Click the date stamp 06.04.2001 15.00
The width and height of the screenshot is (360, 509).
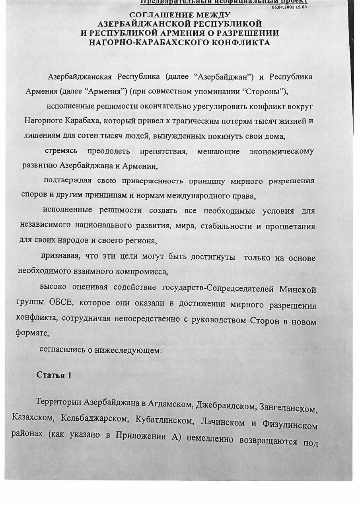(x=289, y=7)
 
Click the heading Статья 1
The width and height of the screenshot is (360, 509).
(x=54, y=375)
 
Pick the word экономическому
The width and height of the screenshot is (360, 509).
(x=281, y=152)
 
